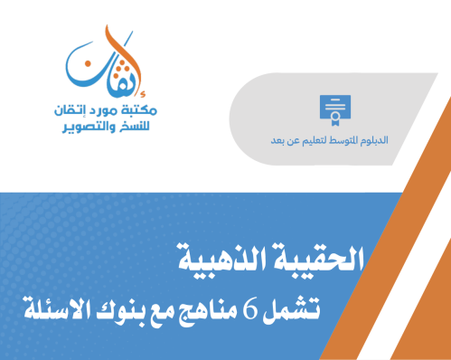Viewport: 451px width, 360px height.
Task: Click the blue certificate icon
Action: point(334,108)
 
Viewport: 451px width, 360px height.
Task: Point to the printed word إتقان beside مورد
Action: point(66,110)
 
